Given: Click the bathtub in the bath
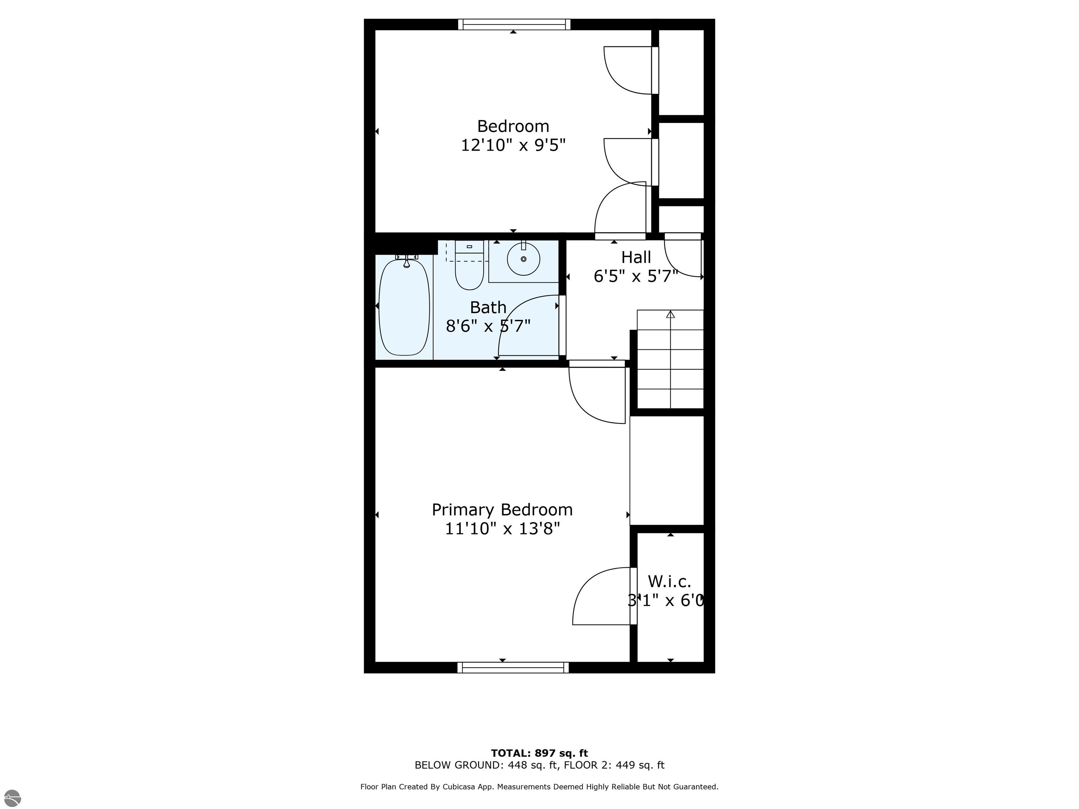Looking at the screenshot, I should click(404, 307).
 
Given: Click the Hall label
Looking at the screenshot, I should click(636, 257).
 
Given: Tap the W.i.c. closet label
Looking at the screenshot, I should click(669, 581).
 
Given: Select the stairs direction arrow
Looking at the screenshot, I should click(670, 315).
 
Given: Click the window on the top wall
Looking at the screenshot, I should click(514, 24).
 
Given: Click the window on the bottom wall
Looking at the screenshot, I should click(513, 667).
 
